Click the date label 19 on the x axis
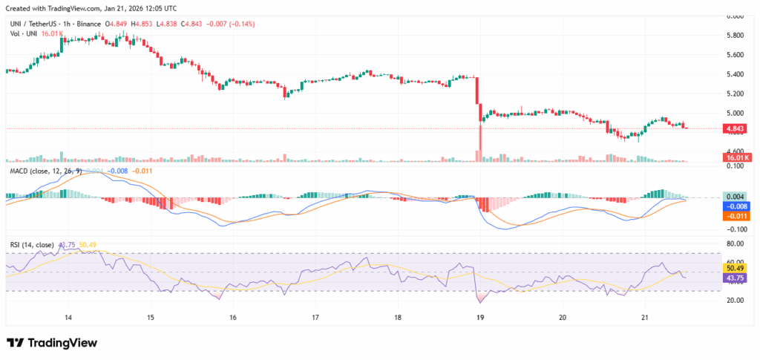pyautogui.click(x=480, y=317)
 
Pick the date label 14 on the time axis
pyautogui.click(x=68, y=317)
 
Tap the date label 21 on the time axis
pyautogui.click(x=645, y=317)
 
